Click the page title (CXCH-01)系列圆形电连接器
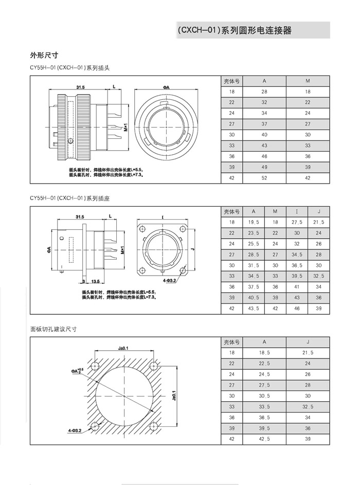(x=234, y=31)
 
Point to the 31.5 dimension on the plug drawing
(x=80, y=87)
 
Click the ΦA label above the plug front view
(x=166, y=88)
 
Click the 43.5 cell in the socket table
(x=253, y=309)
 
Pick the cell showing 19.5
(x=253, y=222)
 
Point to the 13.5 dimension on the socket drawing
(x=95, y=282)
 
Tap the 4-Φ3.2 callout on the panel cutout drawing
(x=76, y=428)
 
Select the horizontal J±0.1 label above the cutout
(x=123, y=348)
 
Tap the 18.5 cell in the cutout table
(x=264, y=353)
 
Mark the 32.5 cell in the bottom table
(x=308, y=406)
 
